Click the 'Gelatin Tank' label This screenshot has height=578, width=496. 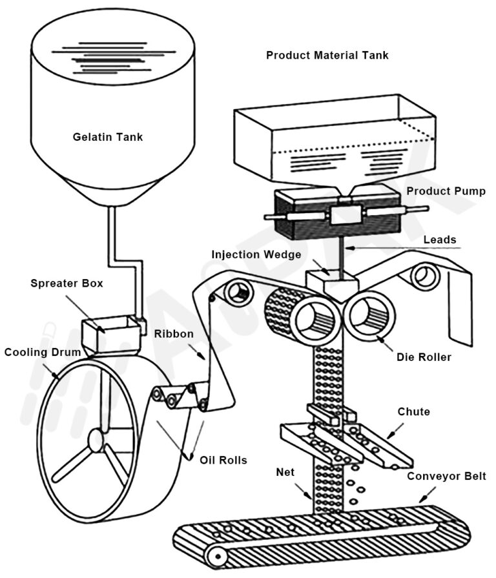108,137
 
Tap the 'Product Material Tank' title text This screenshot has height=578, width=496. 327,56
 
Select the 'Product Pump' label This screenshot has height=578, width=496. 446,192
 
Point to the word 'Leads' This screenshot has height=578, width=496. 439,240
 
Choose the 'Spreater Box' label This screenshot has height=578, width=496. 67,284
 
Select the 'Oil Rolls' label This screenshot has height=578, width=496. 223,460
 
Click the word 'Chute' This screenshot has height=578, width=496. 413,411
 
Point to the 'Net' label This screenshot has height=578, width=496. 284,473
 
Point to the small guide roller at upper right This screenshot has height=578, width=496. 427,276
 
